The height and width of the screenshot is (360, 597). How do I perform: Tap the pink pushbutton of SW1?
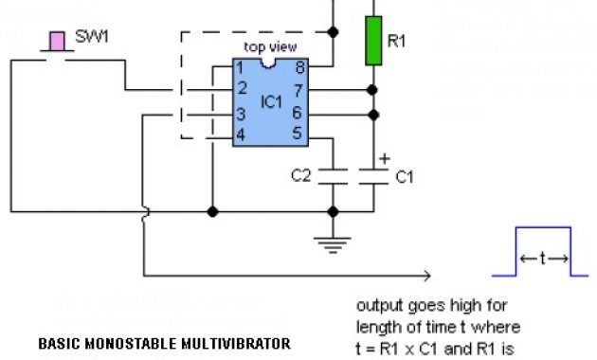(58, 39)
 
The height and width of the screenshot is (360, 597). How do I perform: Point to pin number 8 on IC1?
(300, 68)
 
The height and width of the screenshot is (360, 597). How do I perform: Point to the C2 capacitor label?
(300, 175)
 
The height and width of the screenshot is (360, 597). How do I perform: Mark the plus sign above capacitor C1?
(384, 158)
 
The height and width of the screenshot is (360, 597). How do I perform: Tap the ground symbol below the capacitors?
(332, 245)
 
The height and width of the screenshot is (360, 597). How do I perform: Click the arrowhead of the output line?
(428, 276)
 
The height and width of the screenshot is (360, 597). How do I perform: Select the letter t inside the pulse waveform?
(543, 258)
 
